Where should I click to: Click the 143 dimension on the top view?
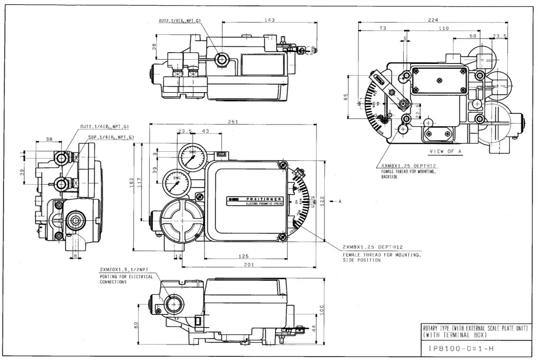(x=269, y=20)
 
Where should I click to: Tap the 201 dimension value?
(x=249, y=265)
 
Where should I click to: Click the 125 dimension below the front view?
(x=243, y=256)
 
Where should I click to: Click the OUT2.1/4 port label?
(x=180, y=21)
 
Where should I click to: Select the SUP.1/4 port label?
(x=111, y=137)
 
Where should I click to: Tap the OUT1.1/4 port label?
(x=104, y=126)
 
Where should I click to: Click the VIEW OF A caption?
(x=445, y=151)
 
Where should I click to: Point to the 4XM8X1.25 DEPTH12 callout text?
(x=407, y=166)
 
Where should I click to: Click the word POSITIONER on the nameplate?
(x=264, y=199)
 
